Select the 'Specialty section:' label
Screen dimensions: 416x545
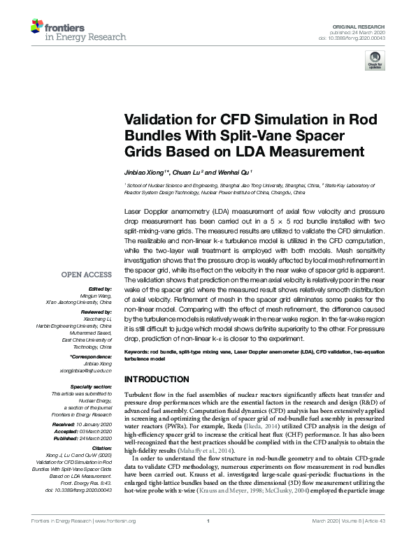pyautogui.click(x=90, y=385)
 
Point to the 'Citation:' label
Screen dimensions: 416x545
pyautogui.click(x=101, y=446)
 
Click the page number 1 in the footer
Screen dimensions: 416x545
pyautogui.click(x=208, y=538)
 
